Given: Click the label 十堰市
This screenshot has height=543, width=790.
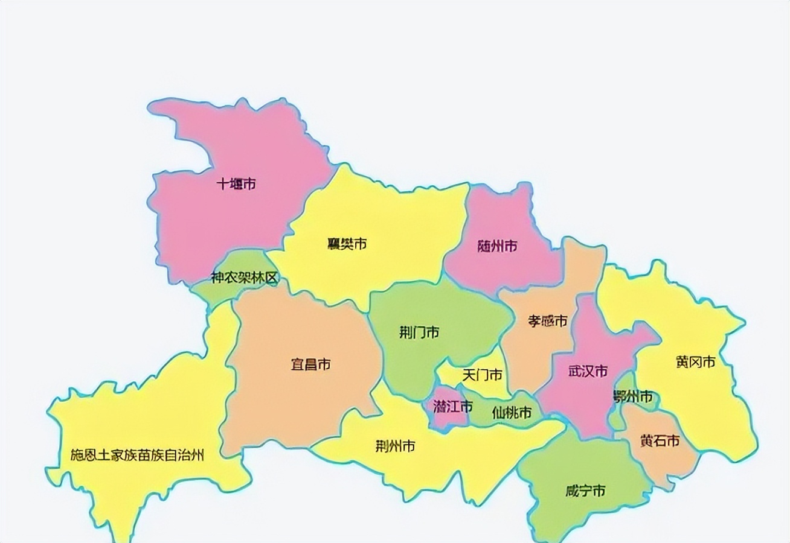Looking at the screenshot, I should pos(236,184).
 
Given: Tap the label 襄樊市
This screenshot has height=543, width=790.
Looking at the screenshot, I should pos(347,244).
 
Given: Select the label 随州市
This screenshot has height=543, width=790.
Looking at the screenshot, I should pos(497,246).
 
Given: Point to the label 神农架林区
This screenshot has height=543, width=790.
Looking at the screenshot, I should pos(244,278).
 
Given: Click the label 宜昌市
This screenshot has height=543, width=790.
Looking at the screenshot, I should pos(310,364).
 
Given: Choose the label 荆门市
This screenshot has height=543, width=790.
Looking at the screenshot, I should pos(419,332).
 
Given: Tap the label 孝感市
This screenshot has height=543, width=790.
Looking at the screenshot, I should pos(548,321).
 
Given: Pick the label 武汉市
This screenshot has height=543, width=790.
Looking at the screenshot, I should pos(588,371).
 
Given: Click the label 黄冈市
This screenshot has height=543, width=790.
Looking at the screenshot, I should pos(695,362).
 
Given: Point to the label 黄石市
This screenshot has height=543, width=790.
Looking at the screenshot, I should pos(660,441).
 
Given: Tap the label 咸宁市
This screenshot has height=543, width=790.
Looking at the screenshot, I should pos(585,491).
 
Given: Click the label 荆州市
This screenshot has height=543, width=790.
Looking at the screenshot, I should pos(395,446).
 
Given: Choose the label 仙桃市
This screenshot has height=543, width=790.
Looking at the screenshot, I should pos(512,413).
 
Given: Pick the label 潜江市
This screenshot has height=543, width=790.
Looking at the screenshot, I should pos(452,407).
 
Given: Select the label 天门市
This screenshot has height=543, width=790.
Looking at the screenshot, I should pos(483,375).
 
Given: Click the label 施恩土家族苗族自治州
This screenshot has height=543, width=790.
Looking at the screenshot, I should pos(137,455).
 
